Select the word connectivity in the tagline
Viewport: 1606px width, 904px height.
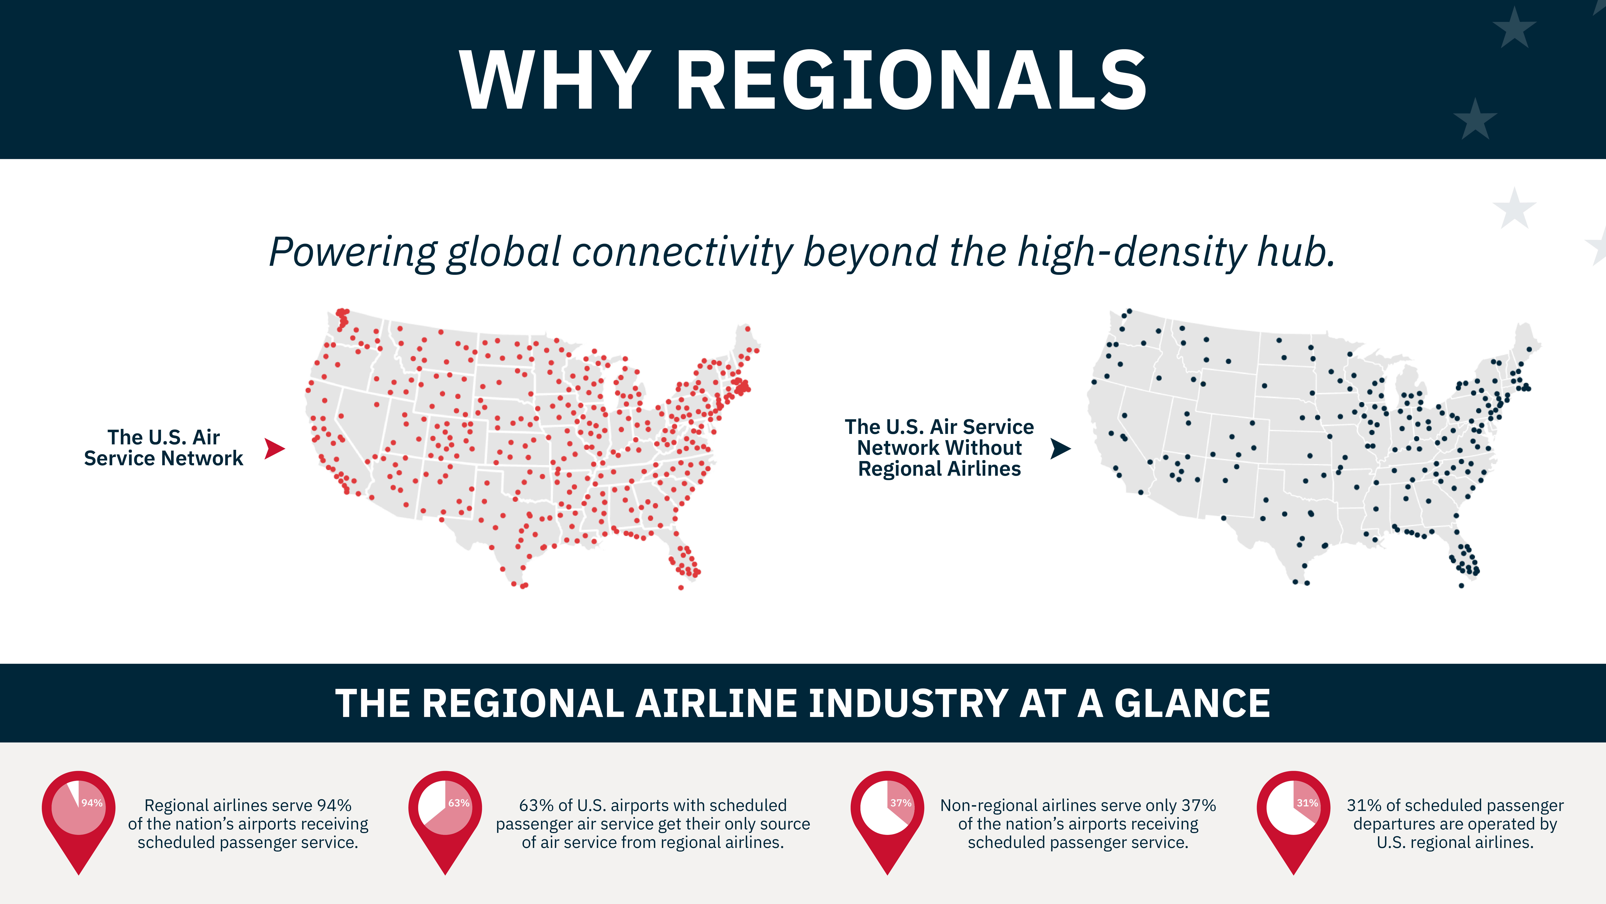[683, 252]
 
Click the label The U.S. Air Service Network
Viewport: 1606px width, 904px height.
[163, 448]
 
